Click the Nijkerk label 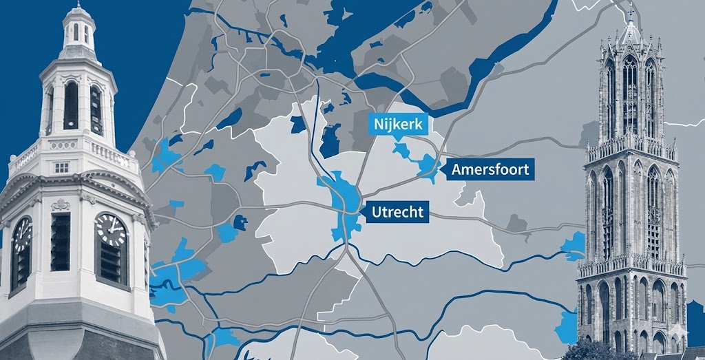(x=399, y=125)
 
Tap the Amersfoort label (x=490, y=169)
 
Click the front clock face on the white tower (x=110, y=230)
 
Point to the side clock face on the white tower (x=21, y=234)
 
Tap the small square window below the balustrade (x=61, y=167)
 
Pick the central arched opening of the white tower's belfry (x=71, y=105)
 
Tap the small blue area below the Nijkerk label (x=399, y=148)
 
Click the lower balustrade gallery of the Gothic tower (x=630, y=265)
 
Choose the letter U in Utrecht (x=376, y=212)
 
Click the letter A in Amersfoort (x=457, y=169)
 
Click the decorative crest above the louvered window (x=61, y=204)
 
